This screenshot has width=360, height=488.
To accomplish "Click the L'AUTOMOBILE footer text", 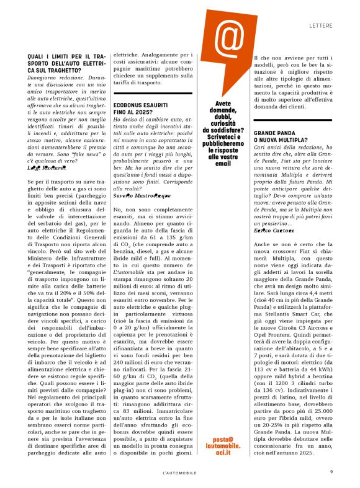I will point(180,472).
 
